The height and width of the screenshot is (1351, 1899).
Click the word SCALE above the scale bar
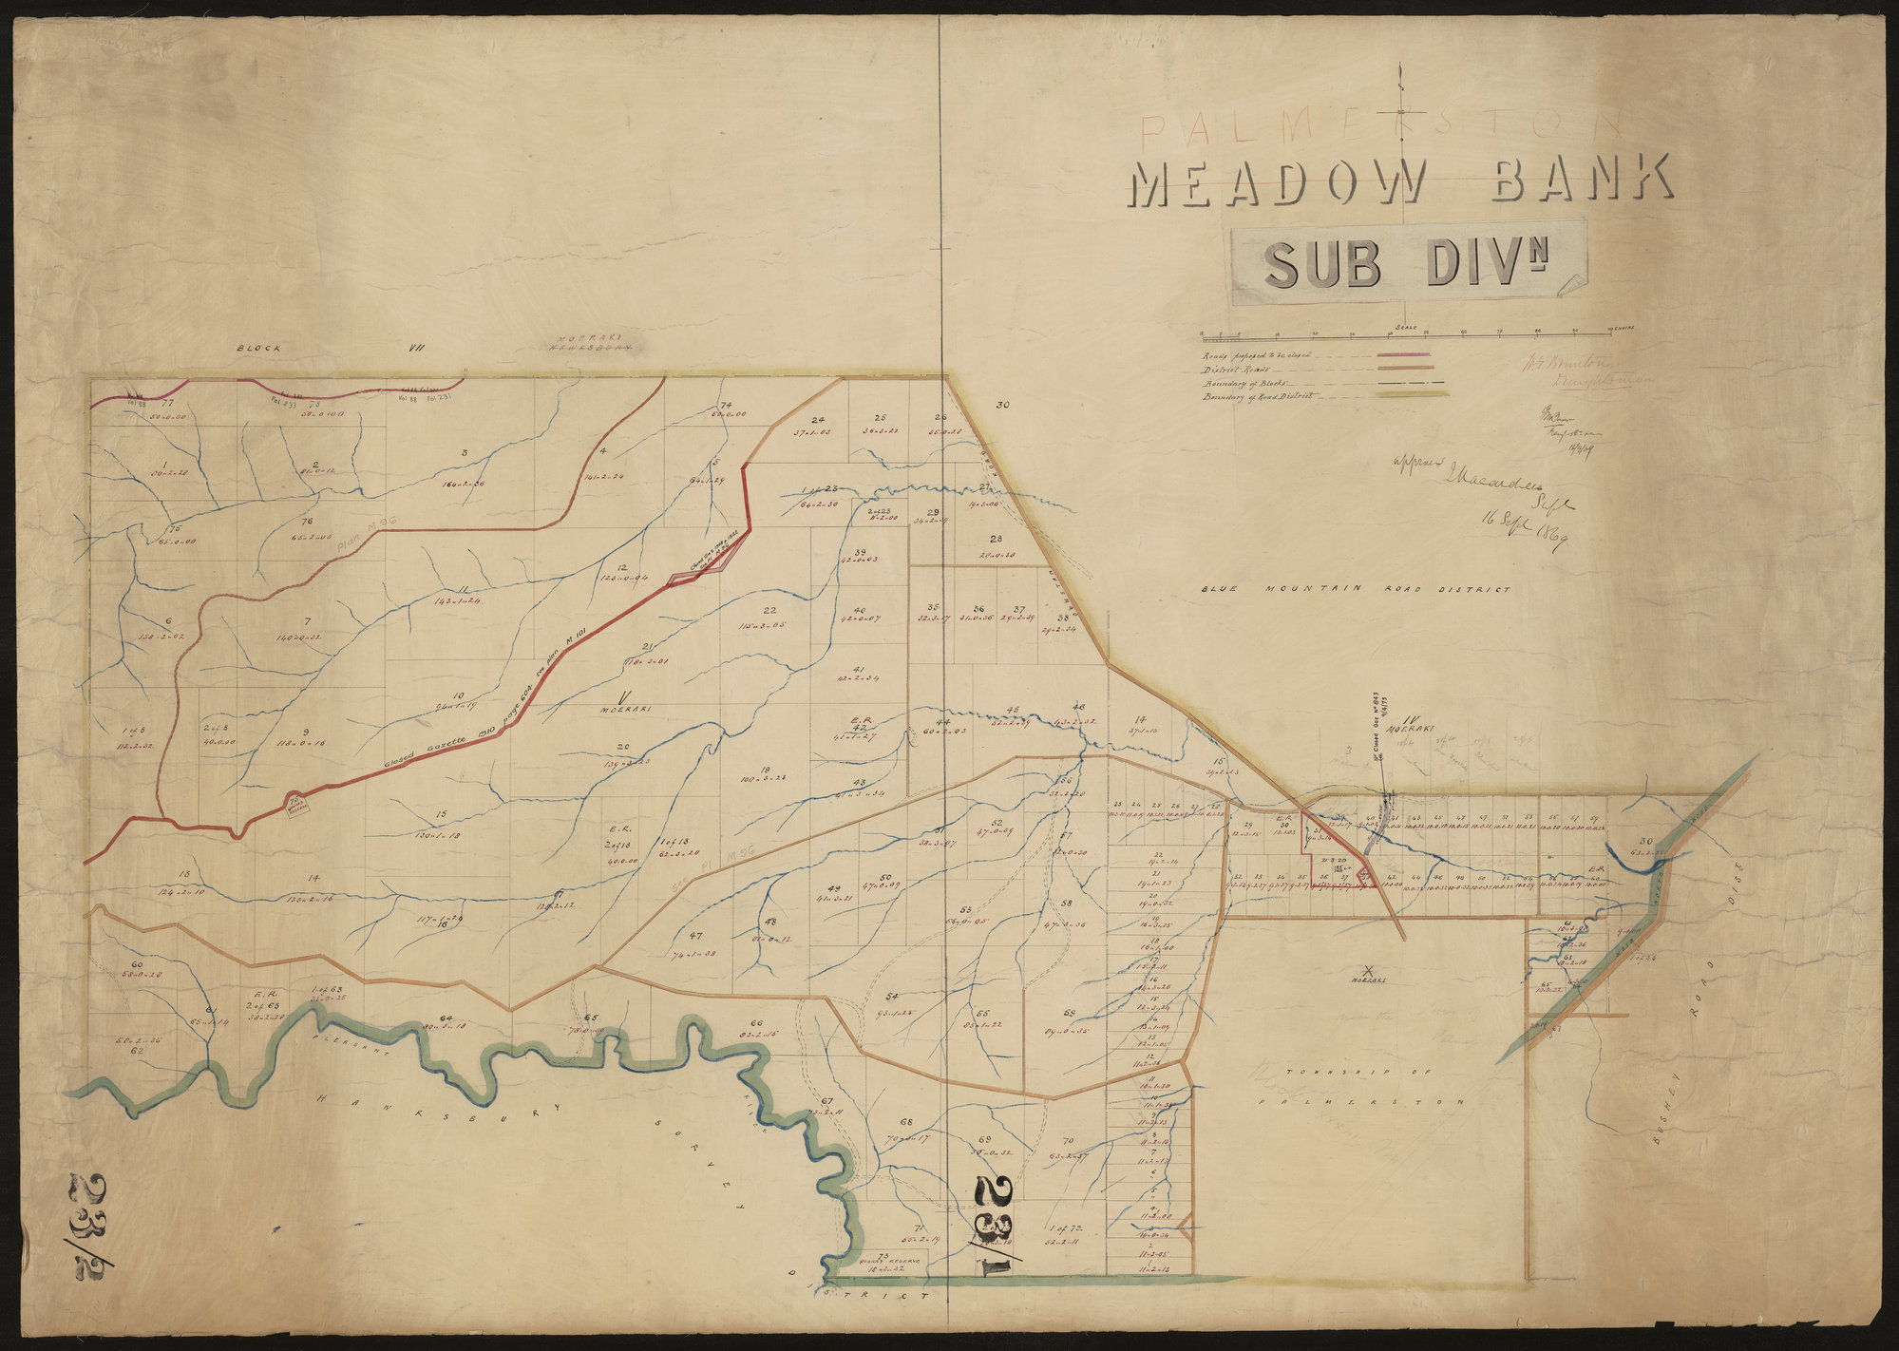[x=1406, y=327]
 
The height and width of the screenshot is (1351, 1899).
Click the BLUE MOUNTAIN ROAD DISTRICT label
[x=1355, y=590]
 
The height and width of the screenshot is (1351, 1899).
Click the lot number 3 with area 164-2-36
[x=465, y=453]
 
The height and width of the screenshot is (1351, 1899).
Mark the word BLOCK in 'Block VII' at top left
[x=259, y=349]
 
